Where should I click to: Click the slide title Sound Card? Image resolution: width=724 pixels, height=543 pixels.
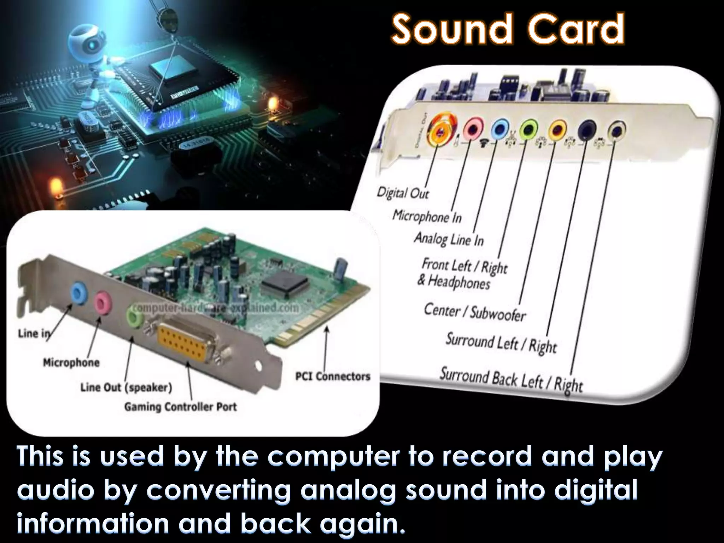508,29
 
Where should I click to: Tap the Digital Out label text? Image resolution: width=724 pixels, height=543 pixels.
403,193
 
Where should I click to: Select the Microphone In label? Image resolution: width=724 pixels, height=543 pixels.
427,216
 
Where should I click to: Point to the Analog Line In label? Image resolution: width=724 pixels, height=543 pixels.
449,239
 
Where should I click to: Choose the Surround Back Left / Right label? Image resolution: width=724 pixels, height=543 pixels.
511,380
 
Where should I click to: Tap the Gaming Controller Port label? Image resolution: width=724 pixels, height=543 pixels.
180,407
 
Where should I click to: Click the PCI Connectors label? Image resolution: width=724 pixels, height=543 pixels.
333,376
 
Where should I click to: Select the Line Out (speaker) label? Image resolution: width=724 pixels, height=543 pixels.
126,387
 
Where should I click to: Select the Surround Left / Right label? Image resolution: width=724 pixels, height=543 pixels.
501,343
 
